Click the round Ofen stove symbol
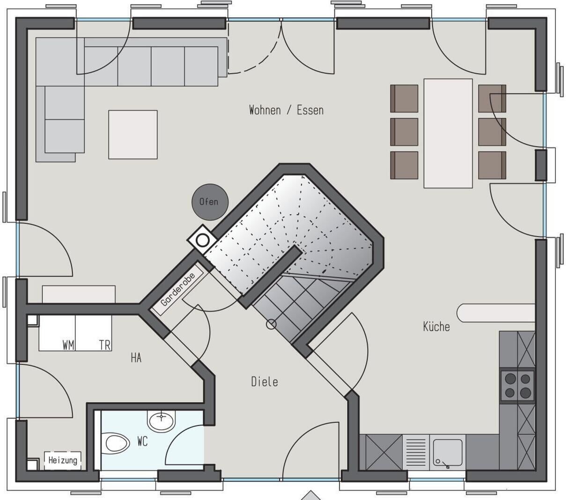tap(210, 202)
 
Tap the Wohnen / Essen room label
tap(286, 110)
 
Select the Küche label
tap(436, 326)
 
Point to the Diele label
tap(265, 382)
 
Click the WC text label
tap(142, 442)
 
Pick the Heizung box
tap(63, 460)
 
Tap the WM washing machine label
tap(68, 345)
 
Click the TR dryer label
tap(105, 345)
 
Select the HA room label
tap(136, 358)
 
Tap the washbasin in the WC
tap(161, 421)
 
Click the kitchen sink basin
tap(448, 453)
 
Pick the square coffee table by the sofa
tap(133, 135)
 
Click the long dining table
tap(448, 133)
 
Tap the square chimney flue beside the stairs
tap(202, 240)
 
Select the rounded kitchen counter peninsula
tap(496, 312)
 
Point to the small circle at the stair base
tap(271, 325)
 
